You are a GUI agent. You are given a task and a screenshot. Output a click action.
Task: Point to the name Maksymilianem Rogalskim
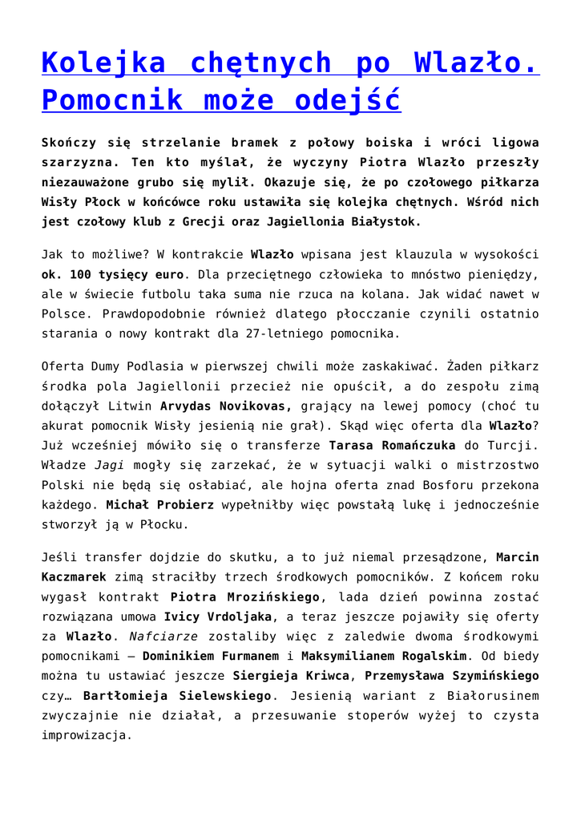click(383, 656)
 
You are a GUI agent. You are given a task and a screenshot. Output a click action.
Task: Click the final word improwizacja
click(86, 734)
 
